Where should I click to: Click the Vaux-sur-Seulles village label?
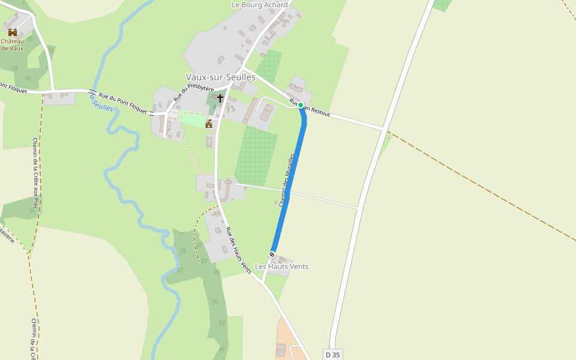click(x=220, y=77)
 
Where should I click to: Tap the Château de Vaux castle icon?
click(x=12, y=32)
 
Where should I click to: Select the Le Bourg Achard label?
click(x=259, y=5)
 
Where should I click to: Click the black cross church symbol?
click(x=220, y=98)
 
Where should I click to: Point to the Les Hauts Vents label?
click(x=281, y=266)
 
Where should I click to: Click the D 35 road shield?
click(x=332, y=355)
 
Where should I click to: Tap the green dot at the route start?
click(x=301, y=105)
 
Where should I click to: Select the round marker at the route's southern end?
click(x=272, y=254)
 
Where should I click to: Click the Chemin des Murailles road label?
click(x=287, y=180)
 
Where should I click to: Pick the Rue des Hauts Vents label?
click(x=238, y=250)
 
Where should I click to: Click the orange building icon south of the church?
click(x=209, y=124)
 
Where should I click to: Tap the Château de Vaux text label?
click(x=12, y=45)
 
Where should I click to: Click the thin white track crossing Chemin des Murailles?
click(x=324, y=200)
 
